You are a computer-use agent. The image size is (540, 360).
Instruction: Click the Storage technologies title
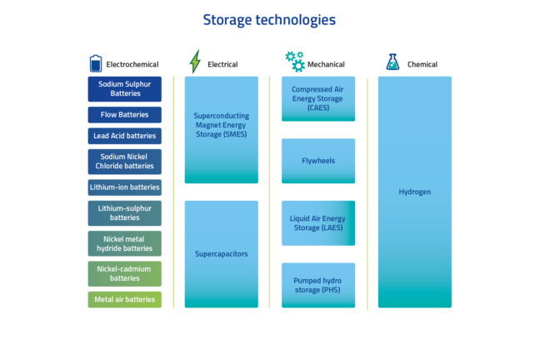coord(269,19)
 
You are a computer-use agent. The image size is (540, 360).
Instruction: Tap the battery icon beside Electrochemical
coord(96,63)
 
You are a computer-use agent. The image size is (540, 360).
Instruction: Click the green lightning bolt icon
coord(195,62)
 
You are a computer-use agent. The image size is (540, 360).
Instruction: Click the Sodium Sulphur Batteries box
coord(125,89)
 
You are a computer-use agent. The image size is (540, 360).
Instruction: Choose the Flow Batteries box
coord(125,115)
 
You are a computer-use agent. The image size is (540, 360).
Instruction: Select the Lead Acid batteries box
coord(125,136)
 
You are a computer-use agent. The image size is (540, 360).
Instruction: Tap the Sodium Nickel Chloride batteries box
coord(125,162)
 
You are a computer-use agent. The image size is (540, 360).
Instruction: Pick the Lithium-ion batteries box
coord(125,187)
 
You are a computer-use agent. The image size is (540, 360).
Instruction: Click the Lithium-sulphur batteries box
coord(125,213)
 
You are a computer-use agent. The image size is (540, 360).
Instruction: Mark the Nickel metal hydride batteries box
coord(125,243)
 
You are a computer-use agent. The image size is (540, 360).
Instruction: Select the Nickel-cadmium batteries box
coord(125,273)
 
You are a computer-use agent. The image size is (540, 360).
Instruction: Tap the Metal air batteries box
coord(125,300)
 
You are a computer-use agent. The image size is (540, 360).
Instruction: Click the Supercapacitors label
coord(221,253)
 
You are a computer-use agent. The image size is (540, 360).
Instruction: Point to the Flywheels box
coord(318,161)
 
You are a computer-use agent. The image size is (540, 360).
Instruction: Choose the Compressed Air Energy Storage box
coord(318,99)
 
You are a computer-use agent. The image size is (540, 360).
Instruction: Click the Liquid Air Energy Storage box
coord(318,223)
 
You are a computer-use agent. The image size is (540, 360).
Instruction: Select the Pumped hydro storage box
coord(318,285)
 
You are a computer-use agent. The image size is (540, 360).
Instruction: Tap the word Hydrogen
coord(414,192)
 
